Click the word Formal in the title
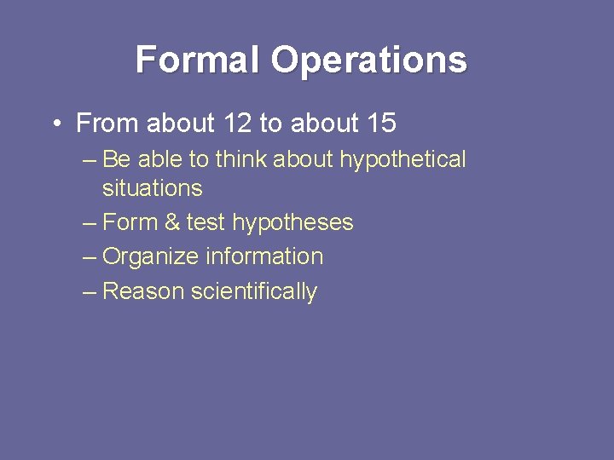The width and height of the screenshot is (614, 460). tap(198, 60)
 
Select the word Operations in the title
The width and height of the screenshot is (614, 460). tap(369, 60)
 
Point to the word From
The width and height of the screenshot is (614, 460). tap(108, 124)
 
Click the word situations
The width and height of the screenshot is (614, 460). tap(152, 188)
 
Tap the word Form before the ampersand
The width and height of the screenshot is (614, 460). tap(130, 222)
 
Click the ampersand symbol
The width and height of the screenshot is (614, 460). tap(172, 223)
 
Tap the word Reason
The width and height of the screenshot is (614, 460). tap(143, 291)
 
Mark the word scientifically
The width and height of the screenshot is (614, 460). tap(254, 292)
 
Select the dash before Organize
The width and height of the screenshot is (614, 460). tap(90, 257)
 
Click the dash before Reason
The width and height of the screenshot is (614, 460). tap(90, 291)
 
